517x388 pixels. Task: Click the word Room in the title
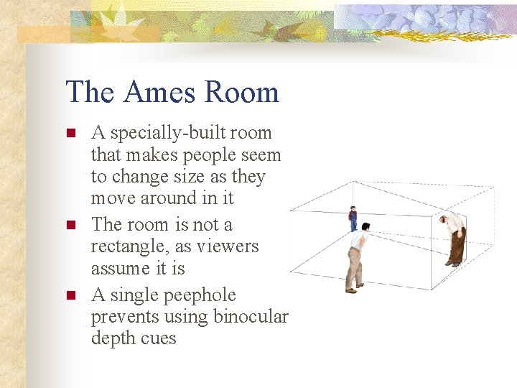pos(241,93)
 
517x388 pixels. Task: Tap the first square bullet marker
pos(70,133)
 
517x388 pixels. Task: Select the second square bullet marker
pos(70,225)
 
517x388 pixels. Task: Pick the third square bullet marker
pos(70,295)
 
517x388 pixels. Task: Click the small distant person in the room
pos(353,218)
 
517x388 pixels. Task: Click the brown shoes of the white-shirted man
pos(350,290)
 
